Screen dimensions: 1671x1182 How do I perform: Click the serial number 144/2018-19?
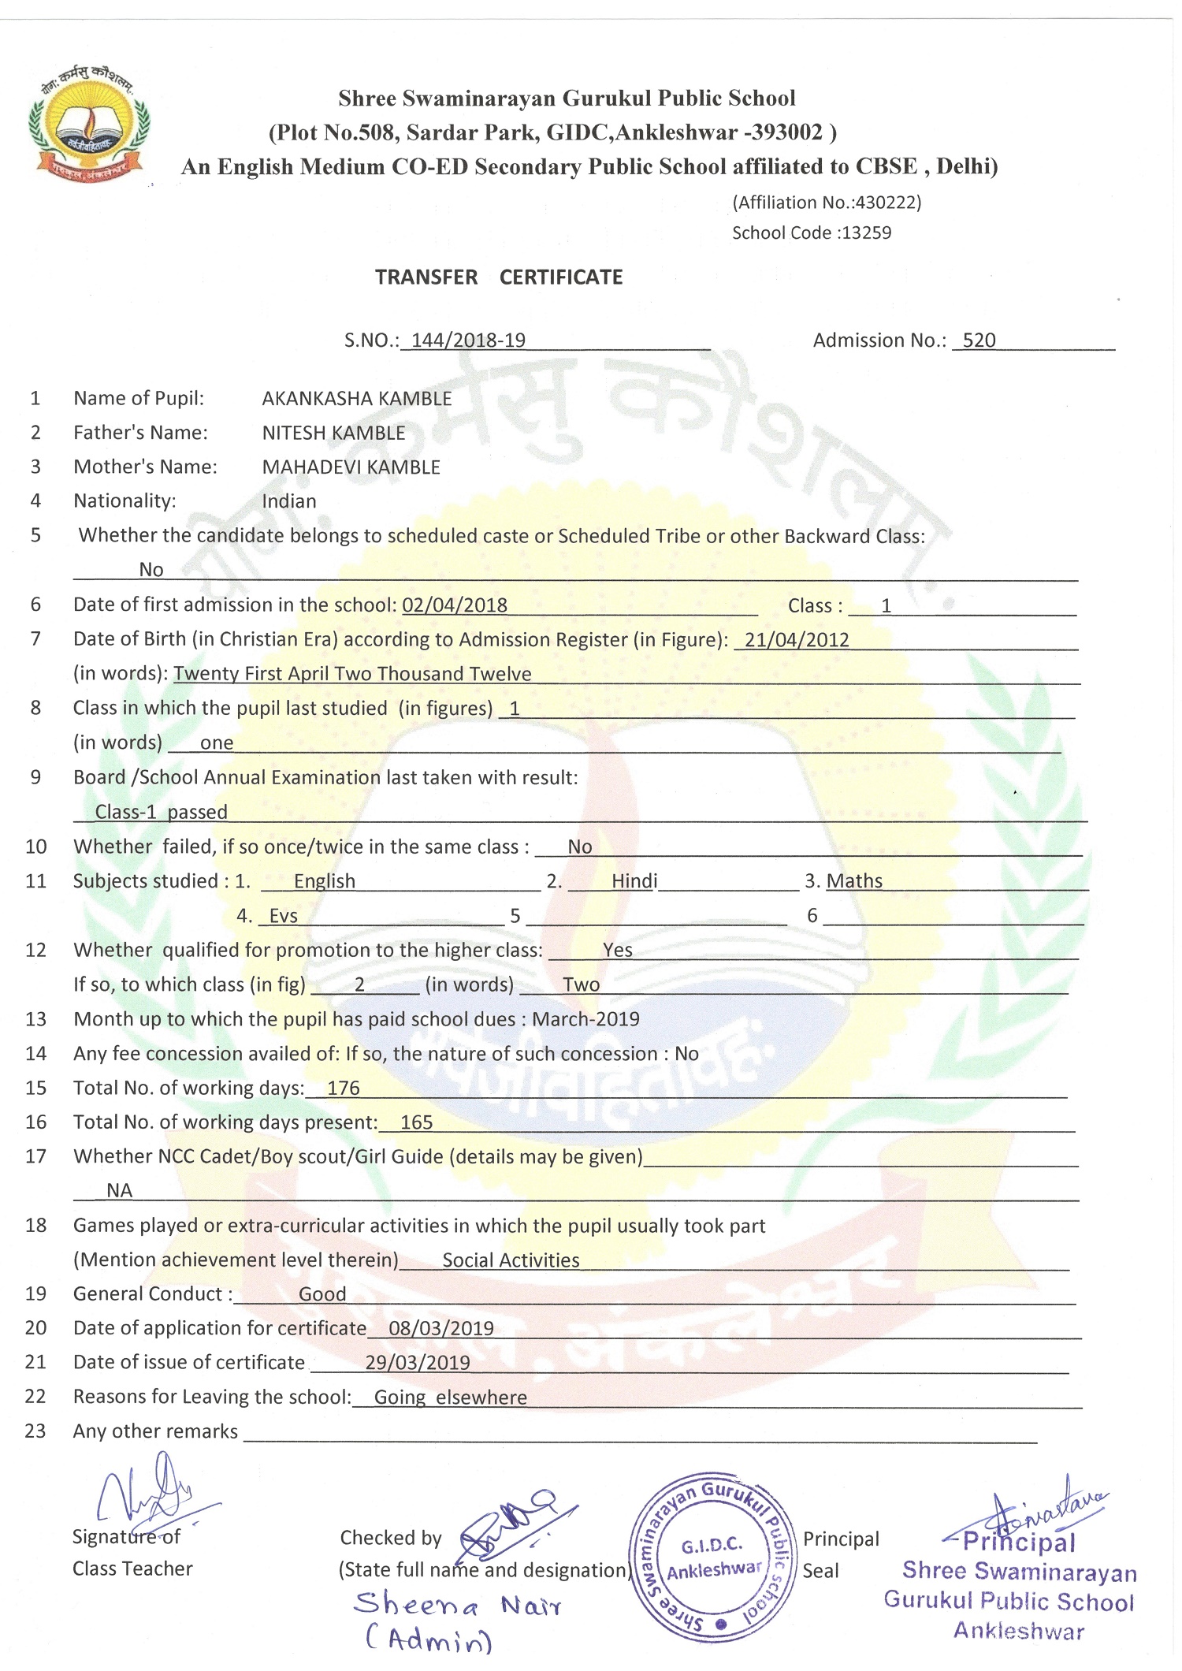pos(468,341)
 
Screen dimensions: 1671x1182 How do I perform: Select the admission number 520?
pos(979,341)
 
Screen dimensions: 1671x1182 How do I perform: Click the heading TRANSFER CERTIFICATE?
pos(498,277)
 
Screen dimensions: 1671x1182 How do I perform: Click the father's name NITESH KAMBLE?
pos(333,433)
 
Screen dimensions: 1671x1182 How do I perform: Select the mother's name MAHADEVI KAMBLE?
pos(351,467)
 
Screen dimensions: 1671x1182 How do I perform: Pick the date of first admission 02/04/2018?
pos(455,605)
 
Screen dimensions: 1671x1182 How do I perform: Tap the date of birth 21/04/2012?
pos(797,640)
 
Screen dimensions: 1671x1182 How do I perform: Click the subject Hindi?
pos(634,881)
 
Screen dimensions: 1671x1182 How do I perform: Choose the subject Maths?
pos(854,881)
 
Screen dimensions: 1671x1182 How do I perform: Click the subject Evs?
pos(284,916)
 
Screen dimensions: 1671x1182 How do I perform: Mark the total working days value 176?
pos(344,1089)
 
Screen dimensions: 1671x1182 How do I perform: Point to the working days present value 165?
pos(416,1122)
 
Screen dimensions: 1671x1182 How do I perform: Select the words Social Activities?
pos(511,1260)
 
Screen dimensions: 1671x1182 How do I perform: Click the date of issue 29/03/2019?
pos(418,1363)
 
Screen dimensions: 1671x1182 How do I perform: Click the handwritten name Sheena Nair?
pos(457,1606)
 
